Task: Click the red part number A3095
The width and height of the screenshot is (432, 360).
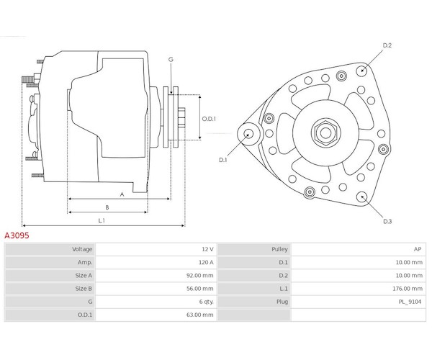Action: (x=17, y=235)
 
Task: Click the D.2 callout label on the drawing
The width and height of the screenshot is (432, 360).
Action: (x=387, y=45)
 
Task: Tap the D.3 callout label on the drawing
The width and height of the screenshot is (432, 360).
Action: (x=387, y=221)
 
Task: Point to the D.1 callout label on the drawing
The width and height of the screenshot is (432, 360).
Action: (x=223, y=160)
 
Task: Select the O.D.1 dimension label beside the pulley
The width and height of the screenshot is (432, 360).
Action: (x=209, y=119)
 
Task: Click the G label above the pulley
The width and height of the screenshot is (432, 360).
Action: (x=171, y=59)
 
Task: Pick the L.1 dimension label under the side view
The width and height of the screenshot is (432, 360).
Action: (x=102, y=220)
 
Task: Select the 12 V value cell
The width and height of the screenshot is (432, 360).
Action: (x=207, y=249)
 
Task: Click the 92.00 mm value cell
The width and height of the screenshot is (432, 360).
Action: (x=200, y=275)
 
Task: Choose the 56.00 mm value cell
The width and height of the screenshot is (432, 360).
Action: (x=200, y=288)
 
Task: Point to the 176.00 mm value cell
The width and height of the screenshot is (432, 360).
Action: (x=408, y=288)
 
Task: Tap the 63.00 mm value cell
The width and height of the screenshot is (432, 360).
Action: (x=200, y=315)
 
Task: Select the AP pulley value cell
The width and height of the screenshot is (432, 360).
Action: (x=417, y=249)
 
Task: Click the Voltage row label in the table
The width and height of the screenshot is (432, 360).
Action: (x=82, y=249)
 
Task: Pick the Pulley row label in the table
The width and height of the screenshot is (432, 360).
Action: (x=279, y=249)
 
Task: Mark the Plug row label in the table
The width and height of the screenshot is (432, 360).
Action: (x=281, y=302)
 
